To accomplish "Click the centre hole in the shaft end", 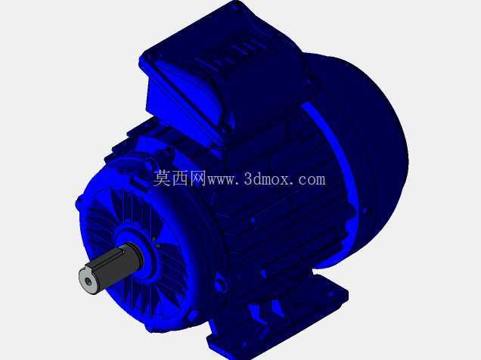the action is (88, 281).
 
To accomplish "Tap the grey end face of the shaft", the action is (88, 281).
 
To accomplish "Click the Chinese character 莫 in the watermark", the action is (163, 178).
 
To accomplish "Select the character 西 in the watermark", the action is (180, 178).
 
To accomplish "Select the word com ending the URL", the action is (312, 180).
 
